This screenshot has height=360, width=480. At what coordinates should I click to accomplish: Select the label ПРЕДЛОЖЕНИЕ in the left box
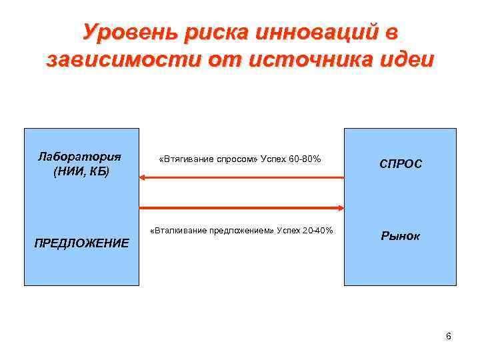point(81,243)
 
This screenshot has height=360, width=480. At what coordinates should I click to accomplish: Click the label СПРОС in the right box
point(401,164)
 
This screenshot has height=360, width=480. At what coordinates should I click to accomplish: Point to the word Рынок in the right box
point(401,236)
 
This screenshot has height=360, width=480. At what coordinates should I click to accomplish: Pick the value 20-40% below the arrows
point(316,231)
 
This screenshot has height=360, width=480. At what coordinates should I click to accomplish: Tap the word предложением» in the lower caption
point(244,231)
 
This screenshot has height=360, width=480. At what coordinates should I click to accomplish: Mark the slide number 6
point(449,335)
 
